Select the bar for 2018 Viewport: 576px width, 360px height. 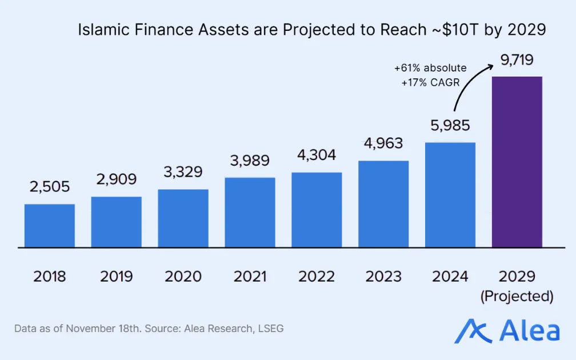[50, 226]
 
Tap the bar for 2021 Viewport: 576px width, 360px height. [250, 213]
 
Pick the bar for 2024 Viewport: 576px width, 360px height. [450, 195]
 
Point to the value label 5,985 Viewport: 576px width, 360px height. [450, 126]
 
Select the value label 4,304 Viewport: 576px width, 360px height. [317, 155]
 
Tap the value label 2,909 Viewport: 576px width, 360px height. [117, 179]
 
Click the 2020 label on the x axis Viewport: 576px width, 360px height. [183, 277]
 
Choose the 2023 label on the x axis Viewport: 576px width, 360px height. [383, 277]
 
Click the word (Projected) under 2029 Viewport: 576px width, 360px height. [517, 297]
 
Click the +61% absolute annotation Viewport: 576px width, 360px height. [430, 68]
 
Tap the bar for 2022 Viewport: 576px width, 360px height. [317, 210]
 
